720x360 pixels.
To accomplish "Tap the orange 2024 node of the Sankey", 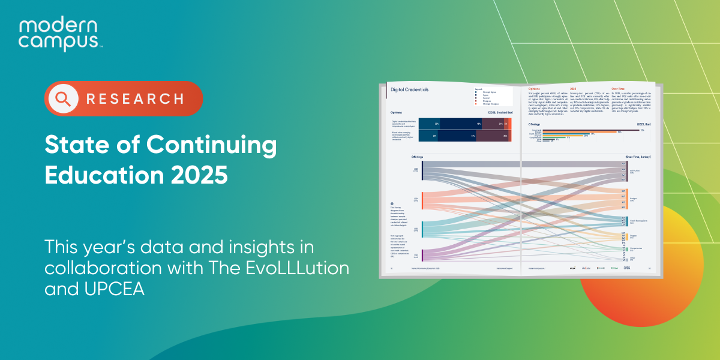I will [x=423, y=200].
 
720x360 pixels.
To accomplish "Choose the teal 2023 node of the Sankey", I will [x=423, y=229].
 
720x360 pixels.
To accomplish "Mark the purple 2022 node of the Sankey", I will [x=423, y=255].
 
